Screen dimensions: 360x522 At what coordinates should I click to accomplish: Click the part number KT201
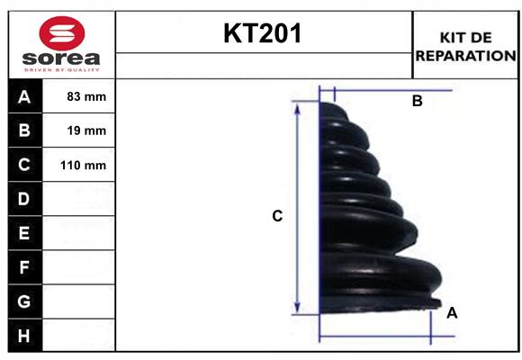263,34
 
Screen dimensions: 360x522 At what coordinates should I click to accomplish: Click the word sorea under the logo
61,60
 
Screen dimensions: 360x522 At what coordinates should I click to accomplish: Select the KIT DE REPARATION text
465,46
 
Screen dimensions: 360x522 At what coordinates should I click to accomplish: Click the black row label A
24,96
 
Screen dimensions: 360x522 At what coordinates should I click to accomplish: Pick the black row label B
24,130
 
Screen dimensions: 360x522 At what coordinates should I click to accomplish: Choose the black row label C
24,165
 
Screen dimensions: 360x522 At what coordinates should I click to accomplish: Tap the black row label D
24,199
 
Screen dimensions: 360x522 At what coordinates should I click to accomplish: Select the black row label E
24,233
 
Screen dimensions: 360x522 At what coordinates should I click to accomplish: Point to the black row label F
24,267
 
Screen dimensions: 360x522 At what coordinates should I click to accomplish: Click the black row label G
24,301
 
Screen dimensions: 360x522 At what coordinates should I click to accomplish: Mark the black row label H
24,336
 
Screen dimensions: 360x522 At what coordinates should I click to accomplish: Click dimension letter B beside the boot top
417,102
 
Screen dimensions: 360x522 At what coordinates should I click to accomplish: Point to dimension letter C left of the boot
277,216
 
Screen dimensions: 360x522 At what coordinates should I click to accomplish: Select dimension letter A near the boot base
452,312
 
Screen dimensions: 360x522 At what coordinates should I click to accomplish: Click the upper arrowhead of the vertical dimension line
298,106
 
